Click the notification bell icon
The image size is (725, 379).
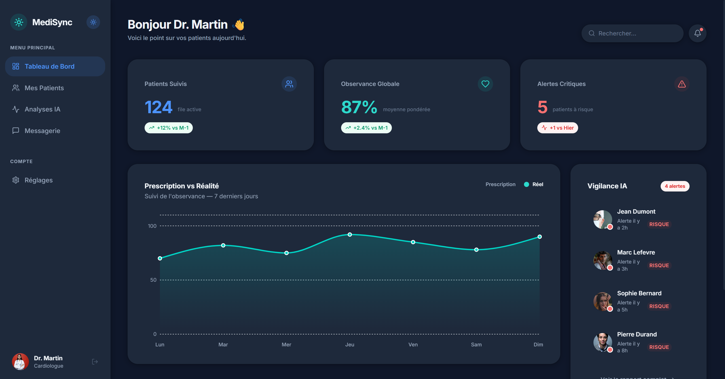697,33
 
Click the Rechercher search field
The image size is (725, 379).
632,33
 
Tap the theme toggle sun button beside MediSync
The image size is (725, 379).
93,22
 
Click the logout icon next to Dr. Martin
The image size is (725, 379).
95,362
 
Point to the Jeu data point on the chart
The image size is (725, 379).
350,235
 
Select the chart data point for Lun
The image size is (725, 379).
160,258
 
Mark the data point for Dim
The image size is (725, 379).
540,237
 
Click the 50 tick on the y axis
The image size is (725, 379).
153,280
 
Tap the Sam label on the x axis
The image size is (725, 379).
476,345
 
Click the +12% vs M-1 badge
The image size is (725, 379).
169,128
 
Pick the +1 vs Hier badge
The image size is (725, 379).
557,128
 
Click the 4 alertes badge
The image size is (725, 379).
675,186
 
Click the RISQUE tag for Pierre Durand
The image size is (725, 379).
659,347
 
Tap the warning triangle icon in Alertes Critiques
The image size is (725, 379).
682,84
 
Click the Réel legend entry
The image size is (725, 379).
533,184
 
